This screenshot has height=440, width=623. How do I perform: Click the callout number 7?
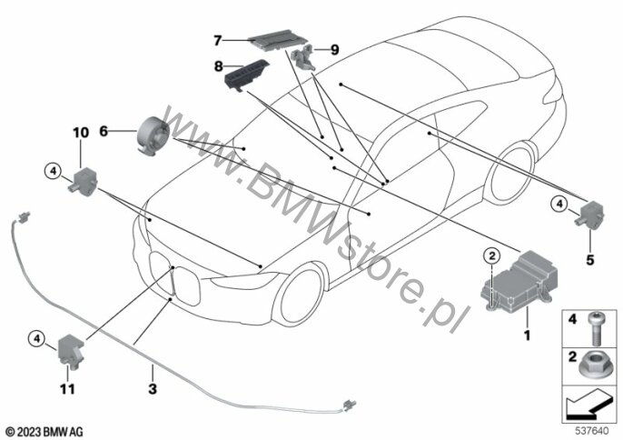coord(218,40)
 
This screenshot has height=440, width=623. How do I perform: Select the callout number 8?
coord(218,66)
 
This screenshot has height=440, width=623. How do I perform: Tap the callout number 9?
coord(333,49)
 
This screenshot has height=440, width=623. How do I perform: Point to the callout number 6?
coord(104,132)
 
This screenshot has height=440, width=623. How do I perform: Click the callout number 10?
coord(81,133)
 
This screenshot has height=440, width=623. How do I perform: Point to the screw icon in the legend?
coord(596,321)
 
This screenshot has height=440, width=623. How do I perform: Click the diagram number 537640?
coord(593,428)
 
